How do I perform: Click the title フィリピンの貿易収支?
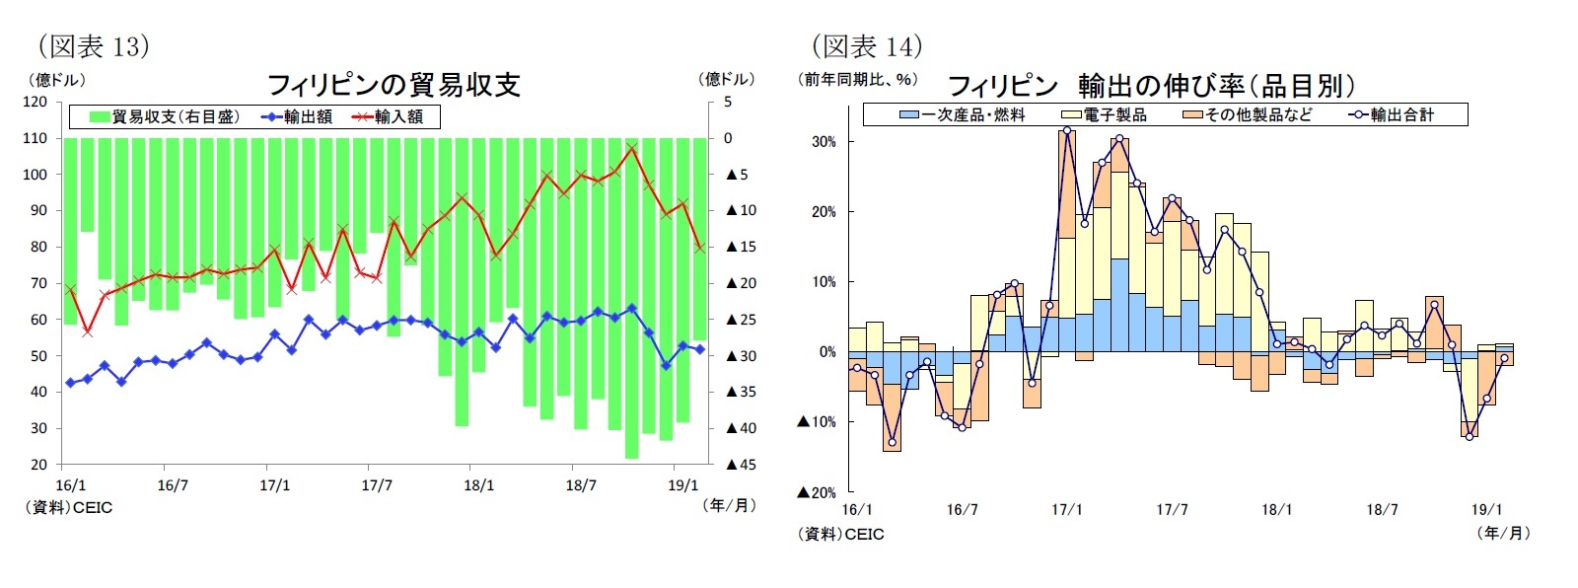coord(394,85)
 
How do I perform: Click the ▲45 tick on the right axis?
coord(740,465)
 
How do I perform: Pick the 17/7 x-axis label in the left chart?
coord(377,485)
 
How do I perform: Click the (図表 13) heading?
coord(93,45)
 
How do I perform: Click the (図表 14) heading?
coord(866,45)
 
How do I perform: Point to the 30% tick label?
coord(824,142)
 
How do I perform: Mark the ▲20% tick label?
coord(817,492)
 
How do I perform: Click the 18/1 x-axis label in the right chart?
coord(1276,510)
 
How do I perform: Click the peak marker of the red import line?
coord(632,149)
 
